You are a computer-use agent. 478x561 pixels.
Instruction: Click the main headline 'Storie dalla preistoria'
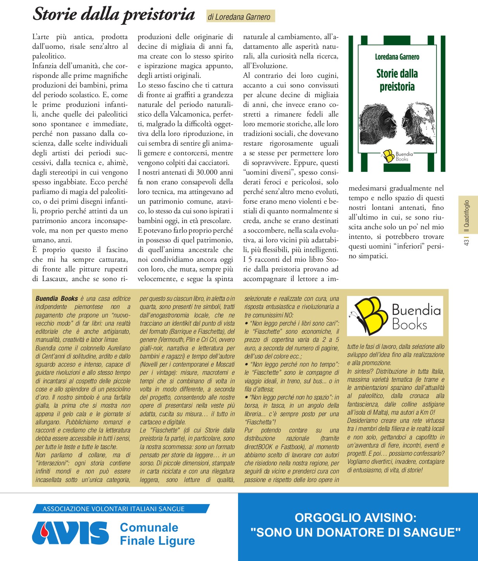114,14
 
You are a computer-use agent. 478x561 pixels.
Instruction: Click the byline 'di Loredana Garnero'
239,17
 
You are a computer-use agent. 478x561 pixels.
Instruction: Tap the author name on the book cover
397,57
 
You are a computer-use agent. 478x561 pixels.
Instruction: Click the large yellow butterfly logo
367,315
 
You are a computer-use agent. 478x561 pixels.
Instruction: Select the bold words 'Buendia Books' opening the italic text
57,299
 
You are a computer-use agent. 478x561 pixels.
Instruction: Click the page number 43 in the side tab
467,242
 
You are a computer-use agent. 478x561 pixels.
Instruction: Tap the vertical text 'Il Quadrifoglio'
467,216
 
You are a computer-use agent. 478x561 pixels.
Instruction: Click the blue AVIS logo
71,533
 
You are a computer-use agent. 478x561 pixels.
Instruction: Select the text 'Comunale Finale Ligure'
157,534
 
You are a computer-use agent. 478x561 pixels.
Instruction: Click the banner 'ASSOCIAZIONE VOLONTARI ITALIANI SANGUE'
114,509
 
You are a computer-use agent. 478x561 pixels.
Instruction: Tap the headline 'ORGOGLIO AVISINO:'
355,518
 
